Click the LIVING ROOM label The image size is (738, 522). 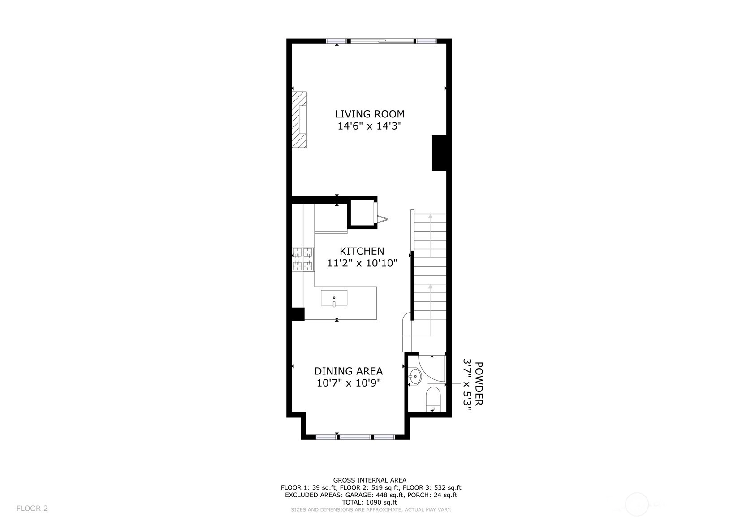370,114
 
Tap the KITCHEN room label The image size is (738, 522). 362,251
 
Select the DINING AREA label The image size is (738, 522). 349,371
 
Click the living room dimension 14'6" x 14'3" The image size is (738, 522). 370,126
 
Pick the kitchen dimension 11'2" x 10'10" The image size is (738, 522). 362,263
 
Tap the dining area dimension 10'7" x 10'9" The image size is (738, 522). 349,383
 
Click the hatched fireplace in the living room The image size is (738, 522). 299,120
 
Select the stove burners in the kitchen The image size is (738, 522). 303,259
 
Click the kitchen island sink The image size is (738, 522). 334,298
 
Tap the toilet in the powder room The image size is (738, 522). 433,399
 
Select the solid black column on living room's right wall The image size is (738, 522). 439,153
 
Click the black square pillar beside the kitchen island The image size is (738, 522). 298,314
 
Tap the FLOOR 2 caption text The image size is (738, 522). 32,508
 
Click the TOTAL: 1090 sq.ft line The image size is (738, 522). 369,502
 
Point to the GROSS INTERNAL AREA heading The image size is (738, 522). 370,480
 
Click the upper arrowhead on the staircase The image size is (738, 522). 430,216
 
